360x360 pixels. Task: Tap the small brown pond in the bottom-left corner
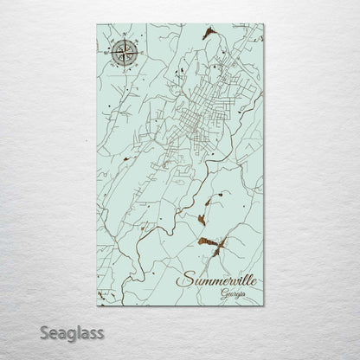point(97,275)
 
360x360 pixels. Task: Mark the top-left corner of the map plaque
point(91,24)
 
